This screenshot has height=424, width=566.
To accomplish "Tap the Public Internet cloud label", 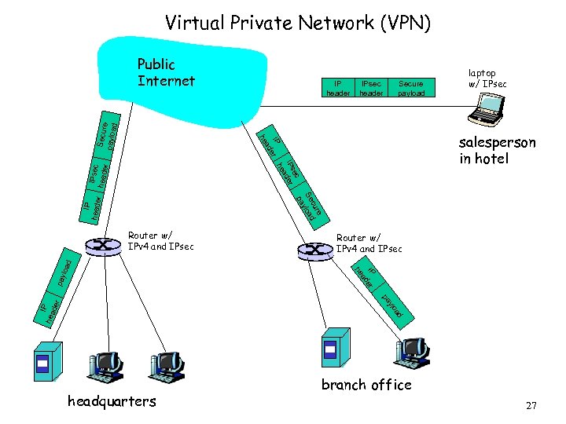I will pos(166,71).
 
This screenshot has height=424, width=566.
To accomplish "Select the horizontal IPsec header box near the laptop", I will pos(371,87).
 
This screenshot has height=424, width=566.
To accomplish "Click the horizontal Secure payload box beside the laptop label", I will pos(410,87).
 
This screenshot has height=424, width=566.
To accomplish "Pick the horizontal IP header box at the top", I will pos(338,87).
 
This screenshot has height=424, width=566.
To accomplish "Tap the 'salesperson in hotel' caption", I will pos(498,151).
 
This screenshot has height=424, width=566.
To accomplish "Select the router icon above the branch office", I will pos(314,250).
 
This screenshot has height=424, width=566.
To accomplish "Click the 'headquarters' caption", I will pos(112,401).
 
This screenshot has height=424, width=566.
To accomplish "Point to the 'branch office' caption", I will pos(366,385).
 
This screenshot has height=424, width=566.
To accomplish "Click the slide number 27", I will pos(531,405).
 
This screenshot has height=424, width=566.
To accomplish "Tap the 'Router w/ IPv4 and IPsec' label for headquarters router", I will pos(160,241).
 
